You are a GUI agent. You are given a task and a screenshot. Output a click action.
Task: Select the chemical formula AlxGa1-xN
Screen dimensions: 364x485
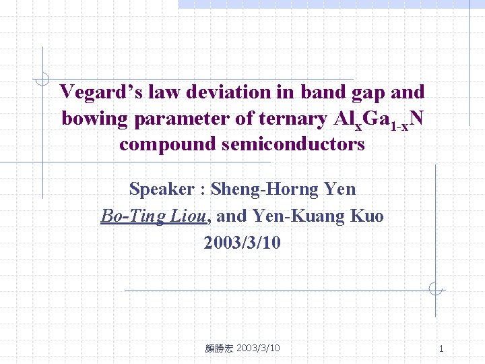coord(379,120)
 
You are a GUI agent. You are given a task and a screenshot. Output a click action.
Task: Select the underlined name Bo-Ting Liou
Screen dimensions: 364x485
coord(154,216)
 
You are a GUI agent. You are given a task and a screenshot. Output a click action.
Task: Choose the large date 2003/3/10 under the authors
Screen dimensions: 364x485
coord(243,242)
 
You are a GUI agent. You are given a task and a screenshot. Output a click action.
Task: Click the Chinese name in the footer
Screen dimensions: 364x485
coord(220,348)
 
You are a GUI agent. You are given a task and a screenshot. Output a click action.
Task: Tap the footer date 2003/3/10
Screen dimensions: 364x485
coord(259,348)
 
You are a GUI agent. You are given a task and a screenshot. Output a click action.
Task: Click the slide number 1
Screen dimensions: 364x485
coord(441,348)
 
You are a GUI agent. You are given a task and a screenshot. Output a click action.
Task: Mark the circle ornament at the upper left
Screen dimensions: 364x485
coord(42,79)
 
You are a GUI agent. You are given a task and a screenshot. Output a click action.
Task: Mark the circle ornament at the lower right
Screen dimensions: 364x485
coord(435,291)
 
